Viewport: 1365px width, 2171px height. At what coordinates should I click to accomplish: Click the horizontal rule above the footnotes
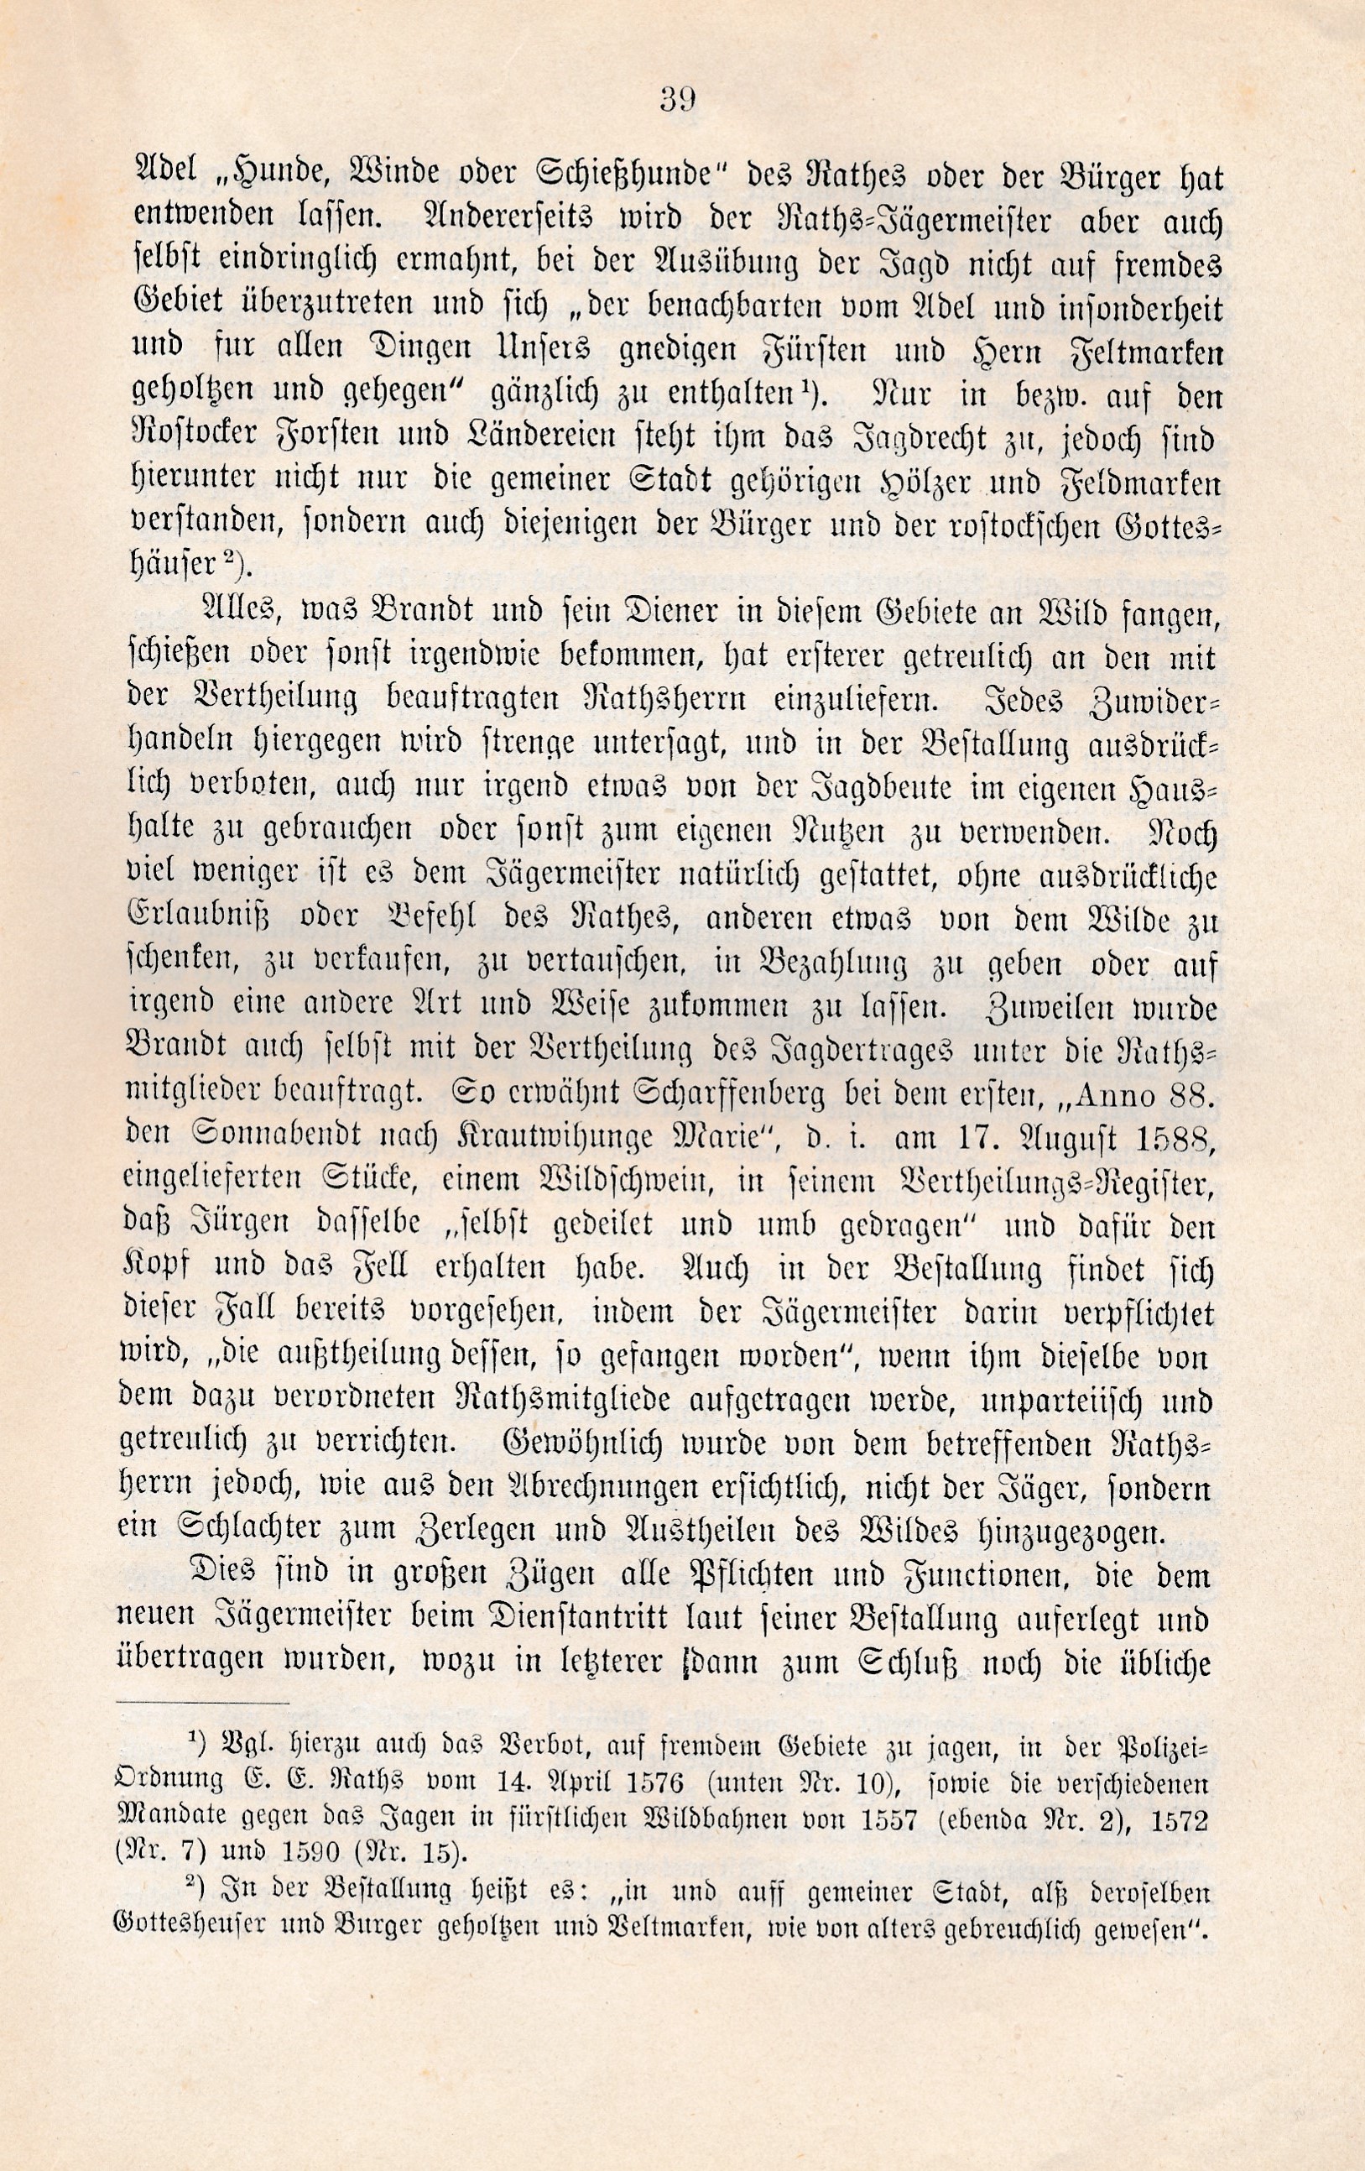[x=204, y=1703]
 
